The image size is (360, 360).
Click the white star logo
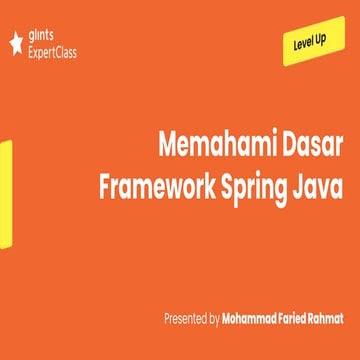pyautogui.click(x=14, y=43)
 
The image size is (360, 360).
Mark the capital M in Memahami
pyautogui.click(x=167, y=146)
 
